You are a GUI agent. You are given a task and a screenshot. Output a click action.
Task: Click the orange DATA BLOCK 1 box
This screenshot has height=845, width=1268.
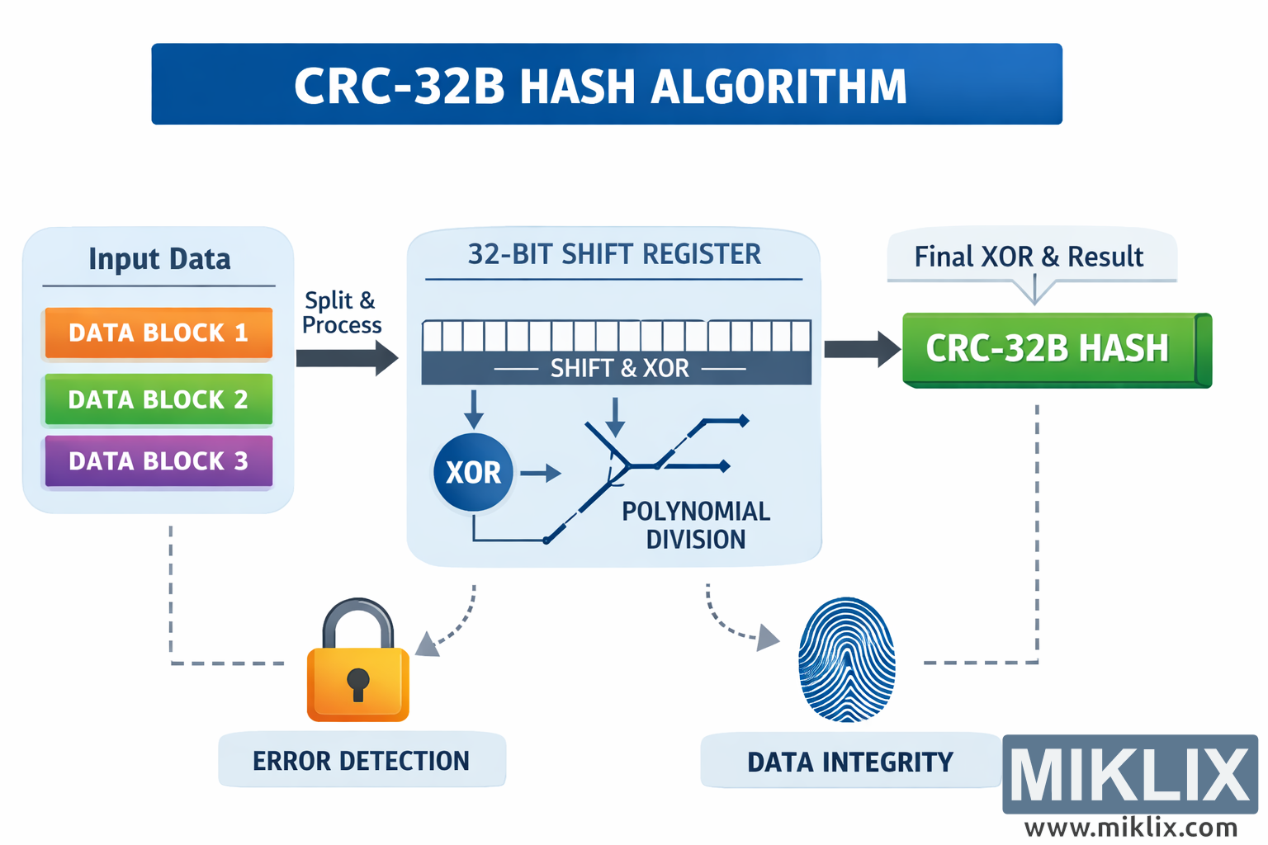[x=158, y=333]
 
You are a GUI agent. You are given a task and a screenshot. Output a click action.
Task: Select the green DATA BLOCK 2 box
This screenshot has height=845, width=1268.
[x=158, y=399]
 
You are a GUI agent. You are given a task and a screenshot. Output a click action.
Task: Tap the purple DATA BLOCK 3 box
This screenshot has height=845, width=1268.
[x=158, y=460]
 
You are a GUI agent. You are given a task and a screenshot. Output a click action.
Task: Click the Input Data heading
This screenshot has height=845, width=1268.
[x=159, y=259]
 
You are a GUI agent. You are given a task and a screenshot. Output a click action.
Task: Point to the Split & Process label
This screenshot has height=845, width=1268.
[x=341, y=313]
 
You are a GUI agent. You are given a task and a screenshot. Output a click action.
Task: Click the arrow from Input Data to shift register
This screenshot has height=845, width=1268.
[x=347, y=358]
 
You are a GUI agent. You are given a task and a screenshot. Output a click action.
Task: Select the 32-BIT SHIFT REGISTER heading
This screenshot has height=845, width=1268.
[x=614, y=255]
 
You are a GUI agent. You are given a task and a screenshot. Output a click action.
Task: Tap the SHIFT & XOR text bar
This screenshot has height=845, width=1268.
[x=618, y=368]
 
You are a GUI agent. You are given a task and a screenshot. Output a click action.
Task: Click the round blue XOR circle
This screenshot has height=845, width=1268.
[x=473, y=472]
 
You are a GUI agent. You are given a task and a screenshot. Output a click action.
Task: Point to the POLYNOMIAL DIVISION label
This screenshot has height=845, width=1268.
[x=695, y=525]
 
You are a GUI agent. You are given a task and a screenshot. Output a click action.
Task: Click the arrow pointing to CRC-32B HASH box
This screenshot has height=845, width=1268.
[x=861, y=349]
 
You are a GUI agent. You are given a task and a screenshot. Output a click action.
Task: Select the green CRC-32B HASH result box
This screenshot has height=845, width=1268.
[x=1048, y=349]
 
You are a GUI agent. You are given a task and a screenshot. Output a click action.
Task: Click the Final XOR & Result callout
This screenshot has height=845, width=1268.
[x=1029, y=257]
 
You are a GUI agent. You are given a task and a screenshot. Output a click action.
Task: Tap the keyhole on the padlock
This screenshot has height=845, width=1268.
[x=358, y=683]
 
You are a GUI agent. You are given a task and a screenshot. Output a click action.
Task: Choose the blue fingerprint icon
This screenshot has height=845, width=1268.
[x=847, y=660]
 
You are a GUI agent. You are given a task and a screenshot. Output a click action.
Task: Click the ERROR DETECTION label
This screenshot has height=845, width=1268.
[x=362, y=760]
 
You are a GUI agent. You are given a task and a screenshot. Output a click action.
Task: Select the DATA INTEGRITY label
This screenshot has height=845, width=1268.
[x=850, y=762]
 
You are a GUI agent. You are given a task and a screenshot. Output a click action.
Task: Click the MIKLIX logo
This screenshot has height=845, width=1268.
[x=1129, y=775]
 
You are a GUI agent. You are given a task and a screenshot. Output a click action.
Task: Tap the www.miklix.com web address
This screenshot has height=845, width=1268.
[x=1130, y=827]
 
